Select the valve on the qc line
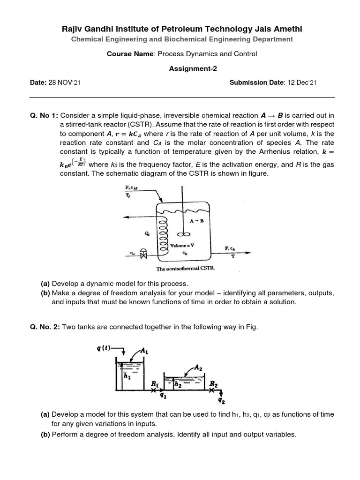[144, 255]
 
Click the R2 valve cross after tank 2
[212, 390]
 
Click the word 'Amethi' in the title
[285, 29]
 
